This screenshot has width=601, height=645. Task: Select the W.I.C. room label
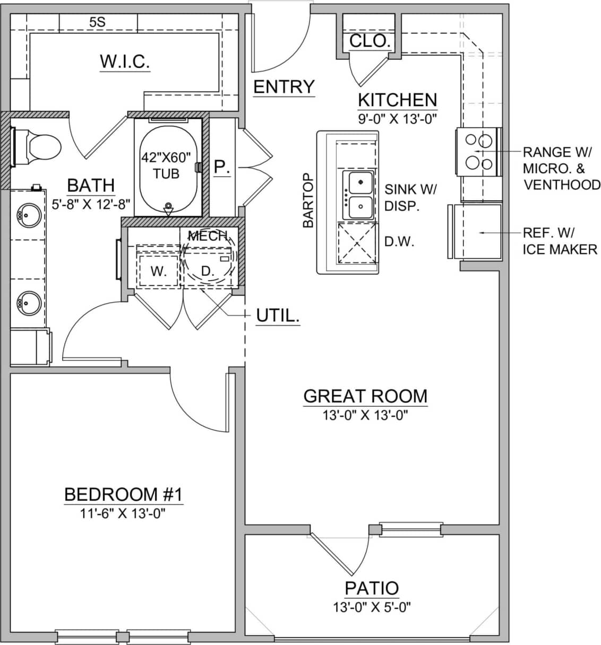pyautogui.click(x=125, y=62)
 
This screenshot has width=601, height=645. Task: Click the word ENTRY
pyautogui.click(x=284, y=86)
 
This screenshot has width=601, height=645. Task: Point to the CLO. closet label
pyautogui.click(x=370, y=41)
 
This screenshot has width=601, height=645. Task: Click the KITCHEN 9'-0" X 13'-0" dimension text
pyautogui.click(x=397, y=119)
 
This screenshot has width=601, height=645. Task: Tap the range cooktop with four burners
pyautogui.click(x=478, y=151)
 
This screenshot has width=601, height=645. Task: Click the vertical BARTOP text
pyautogui.click(x=308, y=201)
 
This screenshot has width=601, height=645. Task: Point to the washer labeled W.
pyautogui.click(x=158, y=271)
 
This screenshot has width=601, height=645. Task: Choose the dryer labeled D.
pyautogui.click(x=208, y=271)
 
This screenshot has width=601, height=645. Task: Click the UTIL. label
pyautogui.click(x=278, y=316)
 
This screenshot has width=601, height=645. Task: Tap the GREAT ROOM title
pyautogui.click(x=365, y=396)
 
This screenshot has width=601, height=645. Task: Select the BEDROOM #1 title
pyautogui.click(x=123, y=494)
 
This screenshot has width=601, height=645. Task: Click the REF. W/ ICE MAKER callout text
pyautogui.click(x=559, y=241)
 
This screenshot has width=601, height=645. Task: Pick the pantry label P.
pyautogui.click(x=222, y=167)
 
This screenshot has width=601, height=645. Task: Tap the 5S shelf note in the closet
pyautogui.click(x=97, y=22)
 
